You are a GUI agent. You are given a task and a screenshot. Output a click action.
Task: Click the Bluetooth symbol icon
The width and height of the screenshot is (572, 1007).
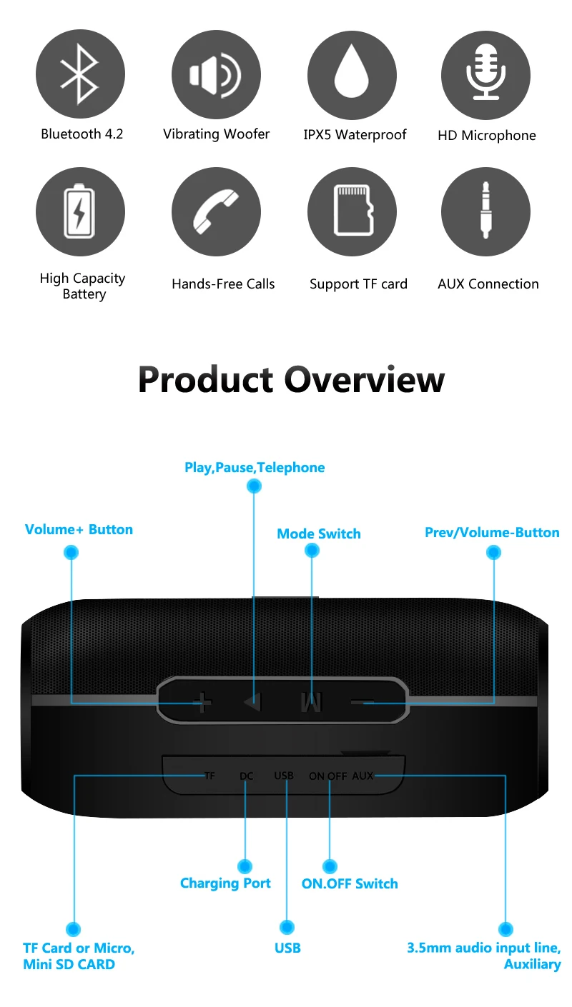click(80, 74)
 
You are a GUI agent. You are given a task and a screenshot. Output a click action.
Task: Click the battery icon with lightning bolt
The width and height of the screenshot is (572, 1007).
click(80, 211)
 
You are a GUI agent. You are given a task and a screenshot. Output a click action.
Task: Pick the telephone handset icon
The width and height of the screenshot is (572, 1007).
click(215, 211)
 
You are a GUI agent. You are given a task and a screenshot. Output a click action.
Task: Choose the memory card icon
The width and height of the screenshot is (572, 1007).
click(352, 211)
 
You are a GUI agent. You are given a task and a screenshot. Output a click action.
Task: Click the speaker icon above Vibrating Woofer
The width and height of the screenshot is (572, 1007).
click(215, 74)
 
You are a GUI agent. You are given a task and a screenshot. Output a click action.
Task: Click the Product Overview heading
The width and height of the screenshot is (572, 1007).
click(291, 379)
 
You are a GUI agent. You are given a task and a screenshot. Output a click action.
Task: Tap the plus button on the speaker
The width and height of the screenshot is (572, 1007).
click(203, 703)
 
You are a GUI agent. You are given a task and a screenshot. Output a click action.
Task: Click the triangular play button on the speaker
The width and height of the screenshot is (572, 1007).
click(252, 703)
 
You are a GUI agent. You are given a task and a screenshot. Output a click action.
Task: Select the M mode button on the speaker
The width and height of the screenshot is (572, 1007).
click(311, 703)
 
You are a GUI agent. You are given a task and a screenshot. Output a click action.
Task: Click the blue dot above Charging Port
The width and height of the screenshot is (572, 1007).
click(245, 866)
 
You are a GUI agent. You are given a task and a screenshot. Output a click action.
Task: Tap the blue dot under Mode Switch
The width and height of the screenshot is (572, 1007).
click(312, 551)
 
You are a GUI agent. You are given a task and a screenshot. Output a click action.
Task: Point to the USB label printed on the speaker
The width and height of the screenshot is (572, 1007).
click(284, 776)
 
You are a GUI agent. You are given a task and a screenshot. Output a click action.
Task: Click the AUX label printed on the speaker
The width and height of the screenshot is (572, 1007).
click(363, 776)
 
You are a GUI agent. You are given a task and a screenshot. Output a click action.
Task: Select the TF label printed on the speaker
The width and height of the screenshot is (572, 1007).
click(209, 776)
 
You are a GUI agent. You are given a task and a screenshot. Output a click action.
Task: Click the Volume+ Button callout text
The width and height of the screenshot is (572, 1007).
click(79, 529)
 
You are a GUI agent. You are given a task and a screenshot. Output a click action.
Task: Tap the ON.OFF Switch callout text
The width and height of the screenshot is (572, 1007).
click(350, 883)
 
